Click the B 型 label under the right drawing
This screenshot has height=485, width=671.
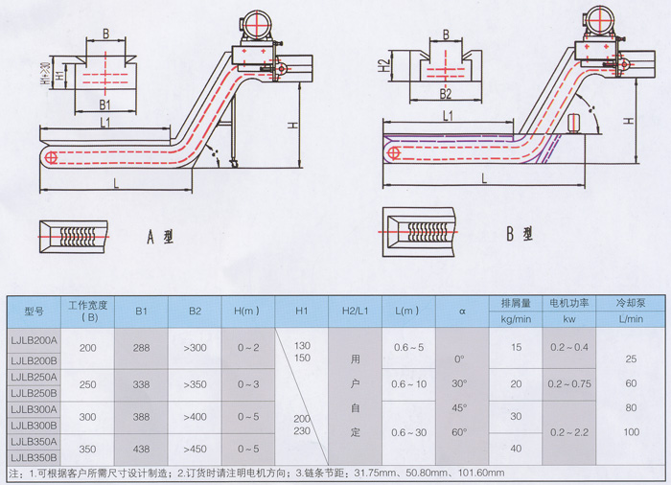click(519, 233)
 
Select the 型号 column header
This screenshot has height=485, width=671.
click(35, 311)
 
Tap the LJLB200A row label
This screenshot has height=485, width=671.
click(35, 338)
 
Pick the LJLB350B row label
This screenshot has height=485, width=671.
click(35, 458)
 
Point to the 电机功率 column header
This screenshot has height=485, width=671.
click(568, 302)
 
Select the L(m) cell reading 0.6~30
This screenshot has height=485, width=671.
click(408, 432)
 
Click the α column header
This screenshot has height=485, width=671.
click(462, 311)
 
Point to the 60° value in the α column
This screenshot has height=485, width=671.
click(460, 432)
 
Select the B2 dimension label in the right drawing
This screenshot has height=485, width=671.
click(445, 94)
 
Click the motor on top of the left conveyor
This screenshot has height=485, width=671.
click(257, 23)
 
